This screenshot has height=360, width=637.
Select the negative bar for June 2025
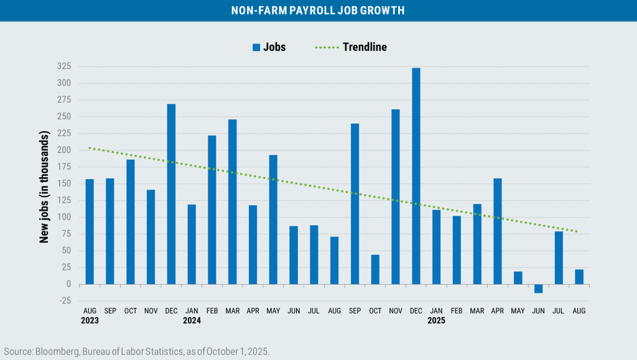coord(538,288)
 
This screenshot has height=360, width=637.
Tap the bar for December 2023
coord(171,194)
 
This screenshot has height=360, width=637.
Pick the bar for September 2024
coord(355,203)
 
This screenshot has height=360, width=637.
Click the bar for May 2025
coord(518,278)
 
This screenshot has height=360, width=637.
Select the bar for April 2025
coord(498,231)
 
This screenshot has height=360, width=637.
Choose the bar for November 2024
coord(396,196)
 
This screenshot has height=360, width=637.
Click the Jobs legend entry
coord(269,47)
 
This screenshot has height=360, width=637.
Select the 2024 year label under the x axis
coord(192,321)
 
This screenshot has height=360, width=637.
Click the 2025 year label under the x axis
coord(437,321)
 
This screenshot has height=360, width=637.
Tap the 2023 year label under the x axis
coord(90,321)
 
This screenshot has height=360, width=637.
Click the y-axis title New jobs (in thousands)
coord(45,187)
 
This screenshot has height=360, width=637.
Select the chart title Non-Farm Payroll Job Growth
coord(318,11)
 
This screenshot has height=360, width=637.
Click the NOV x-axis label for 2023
coord(151,310)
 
